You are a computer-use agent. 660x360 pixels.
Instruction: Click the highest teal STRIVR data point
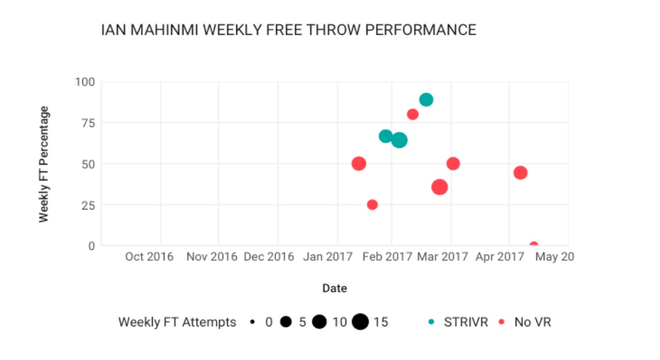[x=426, y=100]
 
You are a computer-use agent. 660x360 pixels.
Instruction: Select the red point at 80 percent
[x=412, y=115]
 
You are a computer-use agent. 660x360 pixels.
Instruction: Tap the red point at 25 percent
[x=372, y=204]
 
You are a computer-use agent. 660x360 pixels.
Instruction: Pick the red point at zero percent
[x=534, y=245]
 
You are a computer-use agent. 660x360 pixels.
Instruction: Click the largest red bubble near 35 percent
[x=439, y=187]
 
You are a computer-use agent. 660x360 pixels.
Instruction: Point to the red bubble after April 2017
[x=520, y=172]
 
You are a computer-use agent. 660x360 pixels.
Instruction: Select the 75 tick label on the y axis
[x=87, y=123]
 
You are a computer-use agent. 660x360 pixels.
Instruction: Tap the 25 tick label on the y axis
[x=87, y=205]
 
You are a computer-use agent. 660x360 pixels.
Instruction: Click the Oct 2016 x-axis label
[x=149, y=257]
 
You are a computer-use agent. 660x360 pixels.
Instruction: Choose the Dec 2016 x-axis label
[x=269, y=257]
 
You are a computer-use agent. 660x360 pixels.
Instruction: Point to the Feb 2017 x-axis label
[x=387, y=257]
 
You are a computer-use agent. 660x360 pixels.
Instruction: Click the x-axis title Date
[x=334, y=289]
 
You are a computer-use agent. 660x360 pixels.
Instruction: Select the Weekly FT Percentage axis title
[x=44, y=164]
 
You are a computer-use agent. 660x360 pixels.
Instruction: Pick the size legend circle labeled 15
[x=360, y=322]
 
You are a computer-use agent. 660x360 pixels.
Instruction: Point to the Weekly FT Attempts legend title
[x=177, y=322]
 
